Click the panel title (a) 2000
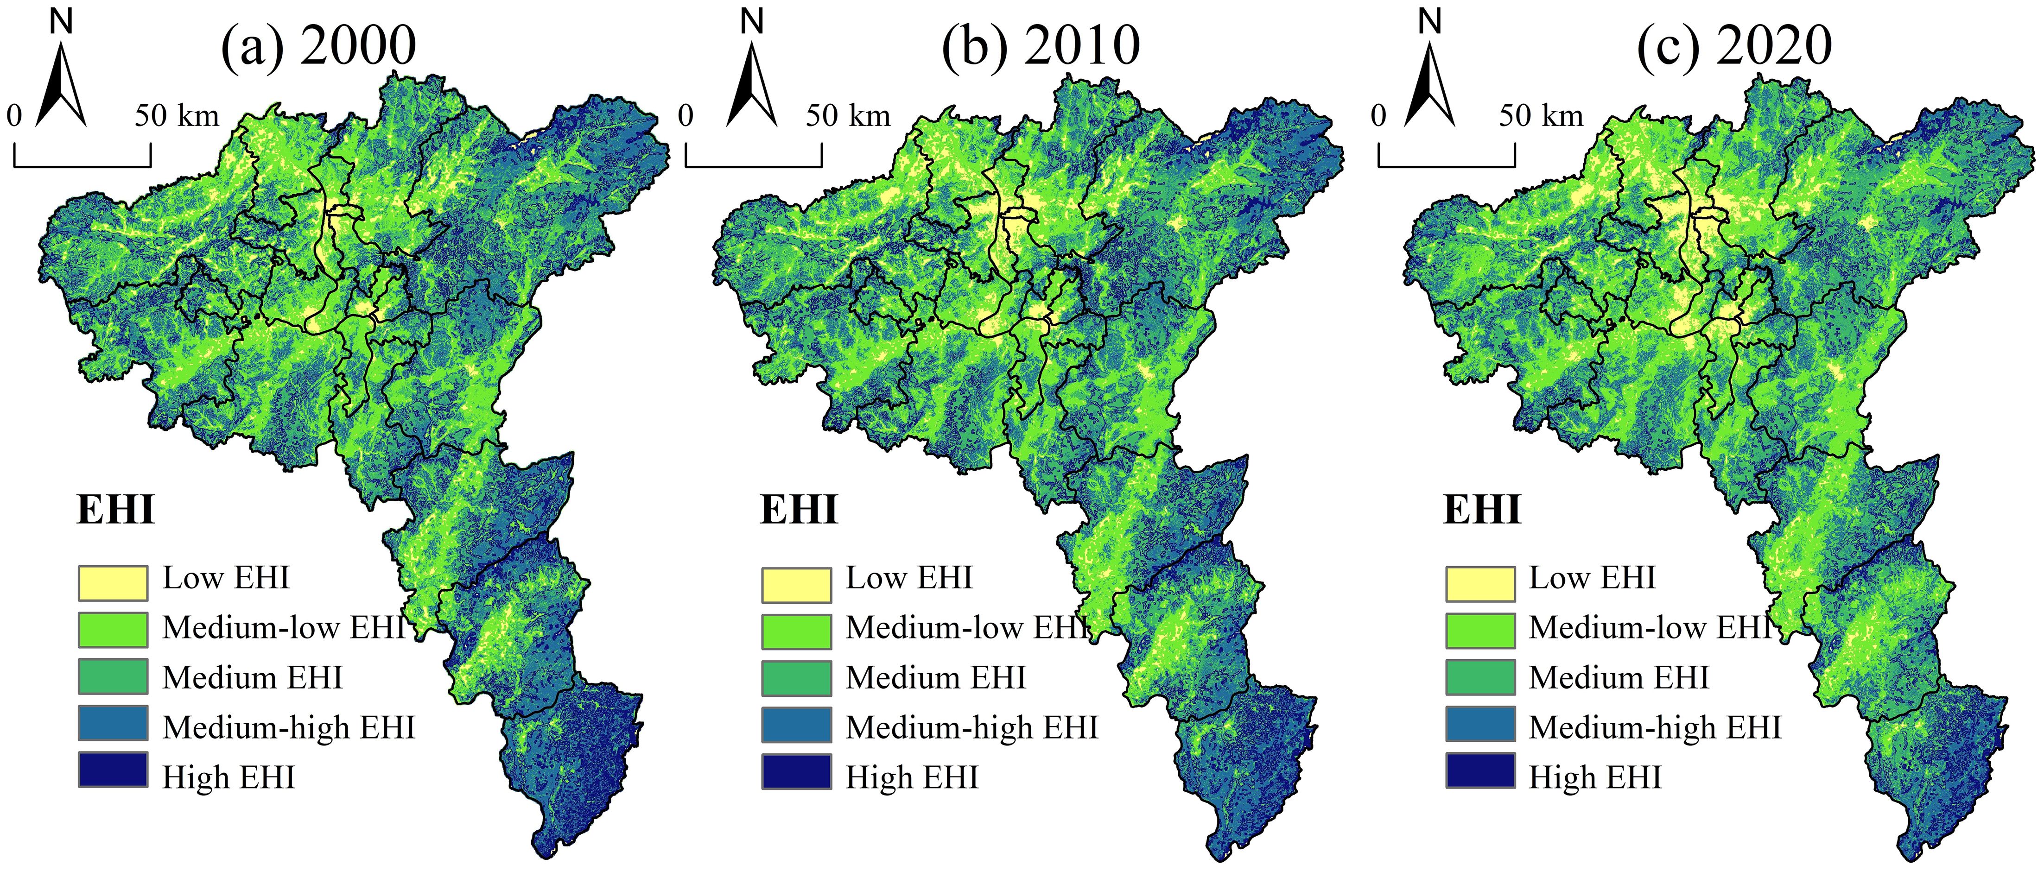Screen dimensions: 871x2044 pyautogui.click(x=318, y=45)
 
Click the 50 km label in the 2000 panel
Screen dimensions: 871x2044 pyautogui.click(x=176, y=117)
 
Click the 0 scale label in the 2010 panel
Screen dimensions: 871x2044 pyautogui.click(x=686, y=117)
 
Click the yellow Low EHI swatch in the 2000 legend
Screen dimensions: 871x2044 pyautogui.click(x=113, y=583)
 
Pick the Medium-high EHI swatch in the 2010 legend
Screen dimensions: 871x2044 pyautogui.click(x=797, y=724)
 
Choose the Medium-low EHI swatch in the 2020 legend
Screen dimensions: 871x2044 pyautogui.click(x=1480, y=630)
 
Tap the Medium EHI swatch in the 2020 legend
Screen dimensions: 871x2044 pyautogui.click(x=1480, y=677)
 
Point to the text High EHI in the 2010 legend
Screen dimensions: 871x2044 pyautogui.click(x=912, y=777)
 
